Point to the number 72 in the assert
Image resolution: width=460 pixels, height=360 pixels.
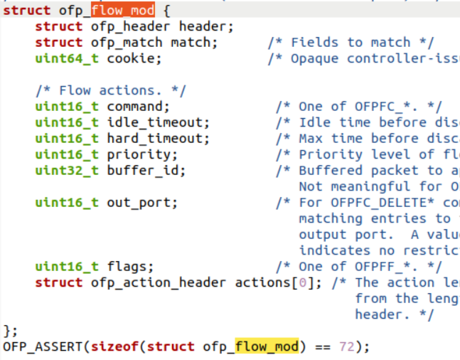coord(343,346)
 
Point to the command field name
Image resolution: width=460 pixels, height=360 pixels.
coord(134,106)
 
